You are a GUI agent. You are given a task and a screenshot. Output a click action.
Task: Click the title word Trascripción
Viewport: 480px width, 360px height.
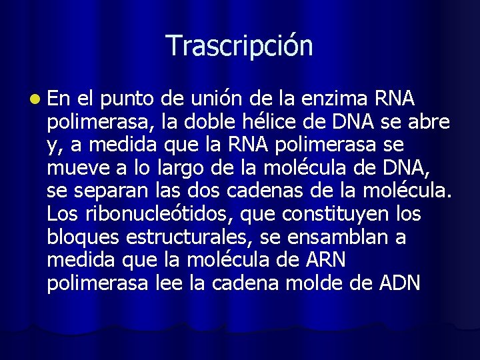tap(239, 45)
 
